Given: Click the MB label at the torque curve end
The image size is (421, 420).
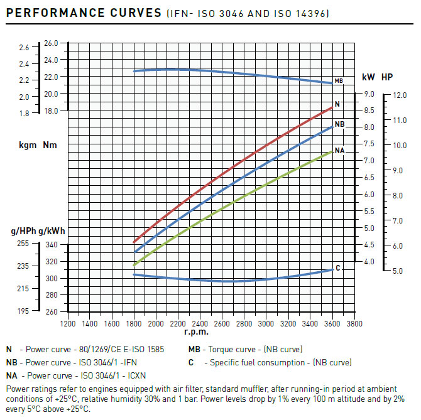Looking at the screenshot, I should click(339, 81).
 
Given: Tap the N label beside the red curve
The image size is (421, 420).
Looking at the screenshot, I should click(337, 104).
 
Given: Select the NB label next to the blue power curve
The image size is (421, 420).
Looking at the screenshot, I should click(340, 124).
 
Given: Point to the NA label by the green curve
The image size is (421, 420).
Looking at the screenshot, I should click(340, 151).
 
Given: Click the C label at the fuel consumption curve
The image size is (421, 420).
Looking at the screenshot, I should click(338, 268).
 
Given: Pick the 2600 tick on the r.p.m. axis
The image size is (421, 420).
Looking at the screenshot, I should click(222, 324).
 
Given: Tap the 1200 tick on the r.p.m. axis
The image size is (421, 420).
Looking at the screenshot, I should click(68, 324).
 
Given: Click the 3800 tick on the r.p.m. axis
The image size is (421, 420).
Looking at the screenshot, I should click(354, 324).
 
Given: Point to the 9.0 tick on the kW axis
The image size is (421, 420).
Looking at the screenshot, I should click(369, 94).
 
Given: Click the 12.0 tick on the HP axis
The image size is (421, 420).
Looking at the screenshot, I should click(400, 95).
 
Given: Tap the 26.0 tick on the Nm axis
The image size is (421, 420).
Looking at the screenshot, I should click(51, 43).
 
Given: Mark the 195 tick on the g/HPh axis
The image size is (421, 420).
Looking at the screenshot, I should click(22, 311).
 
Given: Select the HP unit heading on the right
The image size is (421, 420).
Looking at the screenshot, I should click(387, 77).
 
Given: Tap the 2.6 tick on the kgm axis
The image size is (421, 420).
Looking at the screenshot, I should click(25, 48).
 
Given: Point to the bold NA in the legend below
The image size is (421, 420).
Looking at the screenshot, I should click(11, 375).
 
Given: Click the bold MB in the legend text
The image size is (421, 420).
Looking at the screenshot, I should click(195, 350).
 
